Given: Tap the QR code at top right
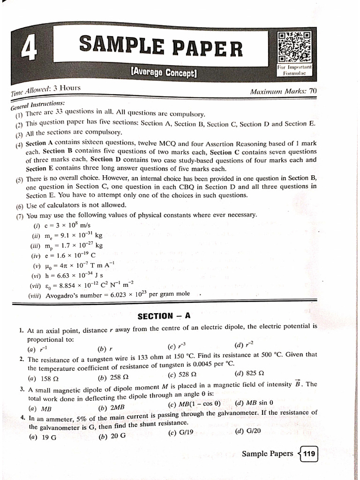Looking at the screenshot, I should (x=294, y=47).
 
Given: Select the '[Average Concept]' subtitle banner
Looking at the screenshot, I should (x=164, y=73).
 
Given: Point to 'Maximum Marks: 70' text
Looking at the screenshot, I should (x=284, y=91).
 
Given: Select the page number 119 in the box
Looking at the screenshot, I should (x=309, y=453).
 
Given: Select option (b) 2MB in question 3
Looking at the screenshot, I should (x=111, y=407).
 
